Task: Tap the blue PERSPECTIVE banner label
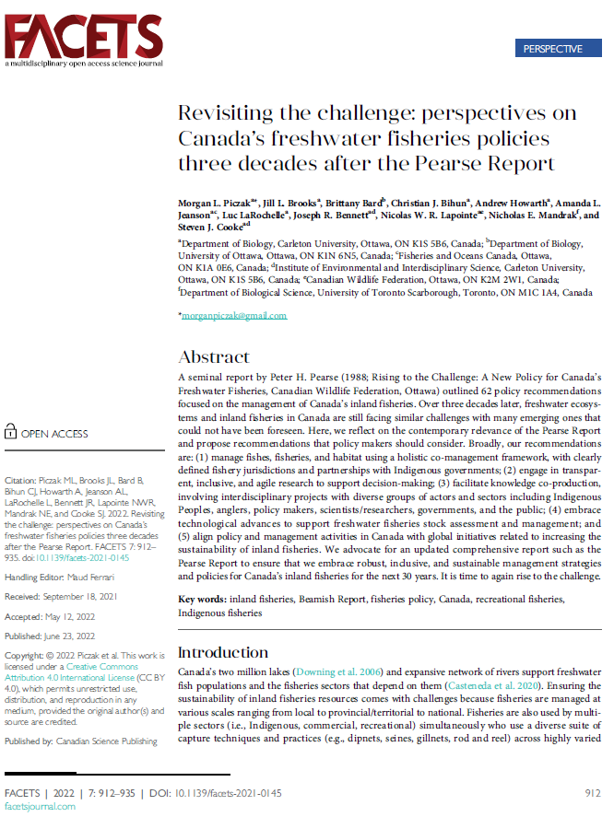(x=552, y=49)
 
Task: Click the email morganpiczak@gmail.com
(x=232, y=316)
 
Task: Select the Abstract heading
(x=214, y=357)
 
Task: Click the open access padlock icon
(x=11, y=432)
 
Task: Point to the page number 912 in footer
(x=592, y=792)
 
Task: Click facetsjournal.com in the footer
(x=40, y=806)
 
